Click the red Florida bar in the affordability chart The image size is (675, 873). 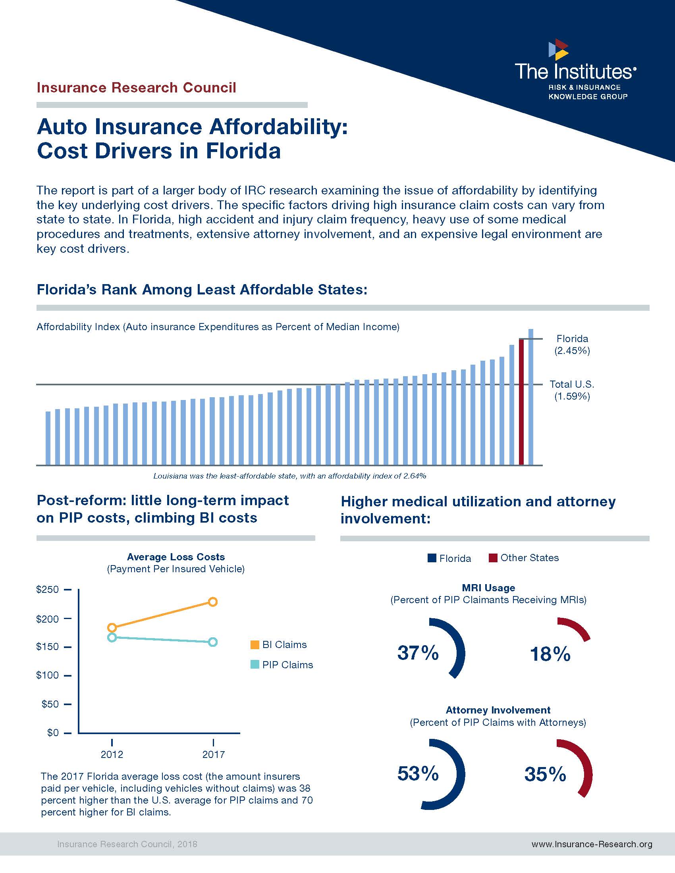pyautogui.click(x=521, y=402)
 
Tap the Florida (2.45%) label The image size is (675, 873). pyautogui.click(x=572, y=344)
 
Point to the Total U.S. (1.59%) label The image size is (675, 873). pyautogui.click(x=572, y=390)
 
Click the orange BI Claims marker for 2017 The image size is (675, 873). pyautogui.click(x=213, y=602)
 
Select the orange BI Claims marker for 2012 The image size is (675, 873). pyautogui.click(x=112, y=628)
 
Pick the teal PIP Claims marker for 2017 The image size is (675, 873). pyautogui.click(x=213, y=642)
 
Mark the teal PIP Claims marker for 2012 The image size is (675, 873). pyautogui.click(x=112, y=637)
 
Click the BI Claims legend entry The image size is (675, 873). pyautogui.click(x=278, y=644)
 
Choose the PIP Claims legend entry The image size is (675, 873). pyautogui.click(x=282, y=665)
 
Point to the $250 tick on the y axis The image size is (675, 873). pyautogui.click(x=67, y=589)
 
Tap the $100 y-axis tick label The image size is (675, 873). pyautogui.click(x=47, y=675)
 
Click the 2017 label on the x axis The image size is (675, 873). pyautogui.click(x=213, y=754)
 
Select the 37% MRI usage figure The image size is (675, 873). pyautogui.click(x=418, y=653)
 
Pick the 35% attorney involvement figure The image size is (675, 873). pyautogui.click(x=545, y=774)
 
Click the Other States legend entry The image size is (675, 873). pyautogui.click(x=523, y=558)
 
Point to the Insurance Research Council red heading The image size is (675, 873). pyautogui.click(x=136, y=88)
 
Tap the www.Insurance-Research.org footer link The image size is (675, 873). pyautogui.click(x=592, y=844)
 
